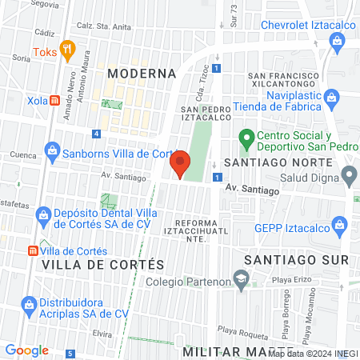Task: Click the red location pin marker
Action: click(x=180, y=163)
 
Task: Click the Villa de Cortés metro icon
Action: click(x=31, y=250)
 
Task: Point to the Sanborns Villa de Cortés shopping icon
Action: click(x=52, y=149)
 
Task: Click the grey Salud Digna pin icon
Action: click(x=349, y=174)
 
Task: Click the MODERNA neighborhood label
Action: click(x=141, y=73)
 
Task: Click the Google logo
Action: click(x=27, y=350)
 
